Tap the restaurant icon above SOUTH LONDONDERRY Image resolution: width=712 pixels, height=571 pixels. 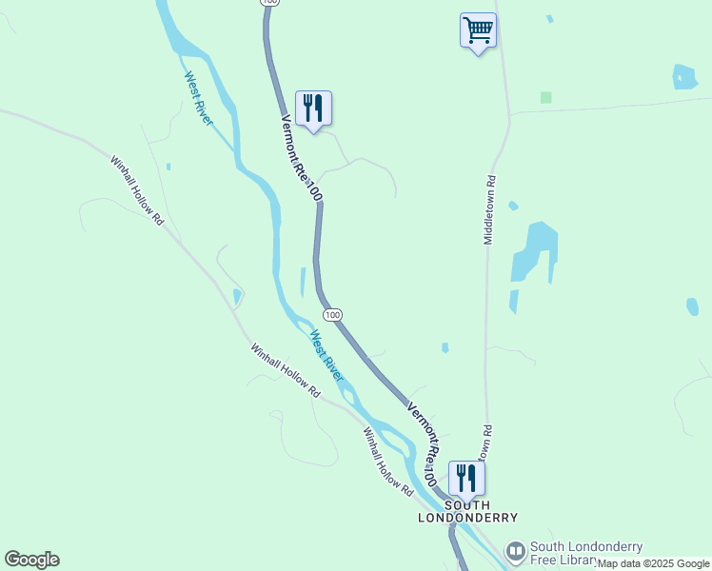465,476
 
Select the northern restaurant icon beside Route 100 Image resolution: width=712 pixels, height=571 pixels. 313,108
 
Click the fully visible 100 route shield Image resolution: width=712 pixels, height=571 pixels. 331,314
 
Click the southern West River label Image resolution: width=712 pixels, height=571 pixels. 326,355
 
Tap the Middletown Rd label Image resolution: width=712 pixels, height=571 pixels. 490,209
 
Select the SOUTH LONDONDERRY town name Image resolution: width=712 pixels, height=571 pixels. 468,511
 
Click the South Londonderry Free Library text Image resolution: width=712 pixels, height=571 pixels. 586,553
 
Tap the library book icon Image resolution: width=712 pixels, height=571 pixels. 515,552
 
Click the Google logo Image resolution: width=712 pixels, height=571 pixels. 31,560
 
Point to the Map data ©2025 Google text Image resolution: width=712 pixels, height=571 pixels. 653,563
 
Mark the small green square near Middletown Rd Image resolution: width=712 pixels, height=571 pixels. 545,97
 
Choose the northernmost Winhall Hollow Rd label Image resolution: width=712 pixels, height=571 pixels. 137,190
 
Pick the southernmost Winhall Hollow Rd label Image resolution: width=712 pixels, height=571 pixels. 387,461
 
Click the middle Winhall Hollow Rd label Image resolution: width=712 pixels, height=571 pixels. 285,370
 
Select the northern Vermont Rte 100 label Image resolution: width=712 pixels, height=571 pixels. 302,158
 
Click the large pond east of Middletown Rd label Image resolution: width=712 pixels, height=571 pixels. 534,250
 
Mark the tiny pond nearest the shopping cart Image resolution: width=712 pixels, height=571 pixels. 548,18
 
